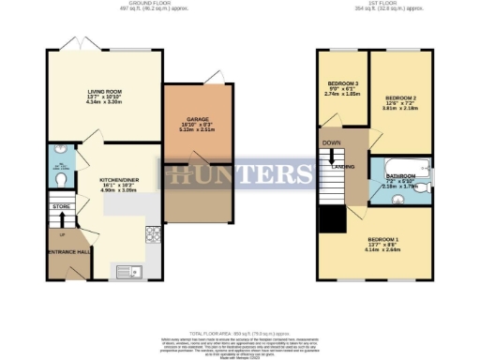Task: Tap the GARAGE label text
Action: pyautogui.click(x=197, y=119)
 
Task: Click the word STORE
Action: pyautogui.click(x=61, y=206)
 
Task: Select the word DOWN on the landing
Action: pyautogui.click(x=331, y=143)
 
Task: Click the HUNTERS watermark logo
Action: pyautogui.click(x=240, y=173)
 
